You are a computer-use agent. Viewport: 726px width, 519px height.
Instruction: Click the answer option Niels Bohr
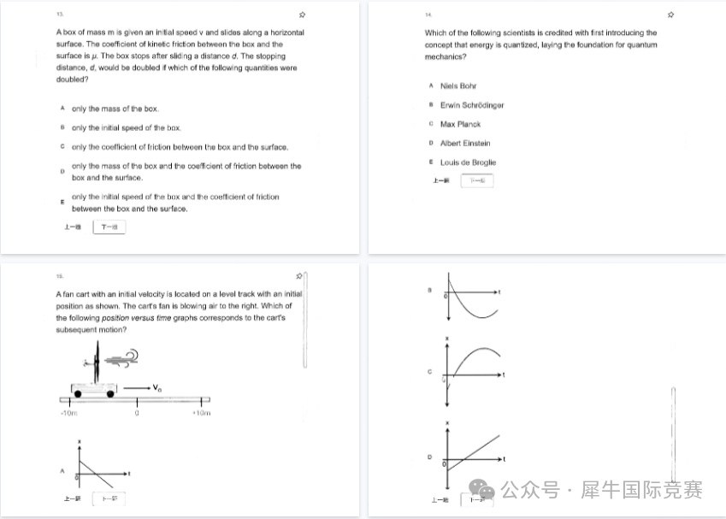tap(457, 86)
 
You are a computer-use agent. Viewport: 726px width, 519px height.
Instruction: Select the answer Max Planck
tap(460, 125)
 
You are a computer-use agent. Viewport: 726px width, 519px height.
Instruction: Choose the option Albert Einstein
tap(465, 144)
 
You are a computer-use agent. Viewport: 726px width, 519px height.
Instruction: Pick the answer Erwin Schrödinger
tap(471, 105)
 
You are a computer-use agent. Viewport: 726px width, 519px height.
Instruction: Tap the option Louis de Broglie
tap(468, 162)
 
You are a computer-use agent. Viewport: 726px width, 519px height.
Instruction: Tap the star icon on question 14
tap(670, 15)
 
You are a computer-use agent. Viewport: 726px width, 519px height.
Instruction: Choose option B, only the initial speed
tap(126, 128)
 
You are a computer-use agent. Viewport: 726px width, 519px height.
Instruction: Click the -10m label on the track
tap(69, 414)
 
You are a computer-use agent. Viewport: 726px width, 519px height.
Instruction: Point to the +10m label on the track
tap(201, 414)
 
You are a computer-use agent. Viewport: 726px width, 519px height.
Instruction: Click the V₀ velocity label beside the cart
tap(158, 390)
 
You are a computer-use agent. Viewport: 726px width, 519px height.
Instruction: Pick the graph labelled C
tap(475, 365)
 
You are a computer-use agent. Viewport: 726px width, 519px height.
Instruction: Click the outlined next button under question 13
tap(109, 227)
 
